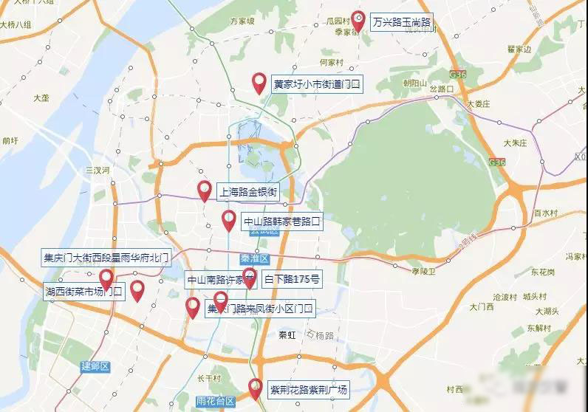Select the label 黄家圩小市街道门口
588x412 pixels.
[317, 85]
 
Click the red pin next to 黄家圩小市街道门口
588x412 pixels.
[259, 83]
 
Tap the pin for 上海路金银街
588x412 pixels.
[205, 190]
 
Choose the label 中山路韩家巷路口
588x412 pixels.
[282, 221]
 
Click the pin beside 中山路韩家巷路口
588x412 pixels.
[229, 219]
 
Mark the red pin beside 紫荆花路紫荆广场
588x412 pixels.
[255, 388]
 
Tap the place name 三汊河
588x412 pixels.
[97, 170]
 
